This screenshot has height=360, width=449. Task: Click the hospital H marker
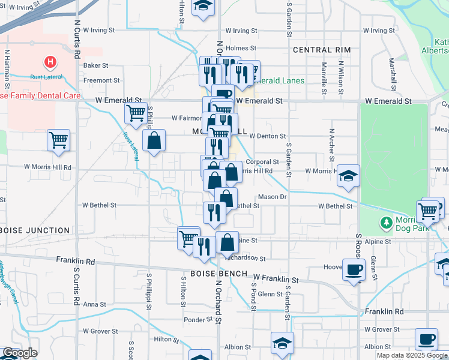(50, 62)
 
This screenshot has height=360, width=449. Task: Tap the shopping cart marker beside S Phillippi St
(136, 112)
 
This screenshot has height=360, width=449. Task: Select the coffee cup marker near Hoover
(354, 269)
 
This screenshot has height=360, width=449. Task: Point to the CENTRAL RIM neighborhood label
(321, 50)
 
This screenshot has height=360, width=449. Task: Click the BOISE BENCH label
(219, 274)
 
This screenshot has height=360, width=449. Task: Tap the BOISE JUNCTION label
(35, 230)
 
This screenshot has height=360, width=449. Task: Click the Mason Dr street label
(273, 197)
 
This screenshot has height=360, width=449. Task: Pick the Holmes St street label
(242, 49)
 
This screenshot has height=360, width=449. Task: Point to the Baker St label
(96, 65)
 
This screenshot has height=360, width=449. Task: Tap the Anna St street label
(95, 304)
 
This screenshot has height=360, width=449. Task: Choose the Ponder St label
(194, 320)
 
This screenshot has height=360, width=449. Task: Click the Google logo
(20, 353)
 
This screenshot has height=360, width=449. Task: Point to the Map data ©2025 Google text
(412, 355)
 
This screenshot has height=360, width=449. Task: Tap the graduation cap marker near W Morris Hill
(348, 176)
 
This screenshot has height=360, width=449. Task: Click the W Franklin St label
(276, 280)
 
